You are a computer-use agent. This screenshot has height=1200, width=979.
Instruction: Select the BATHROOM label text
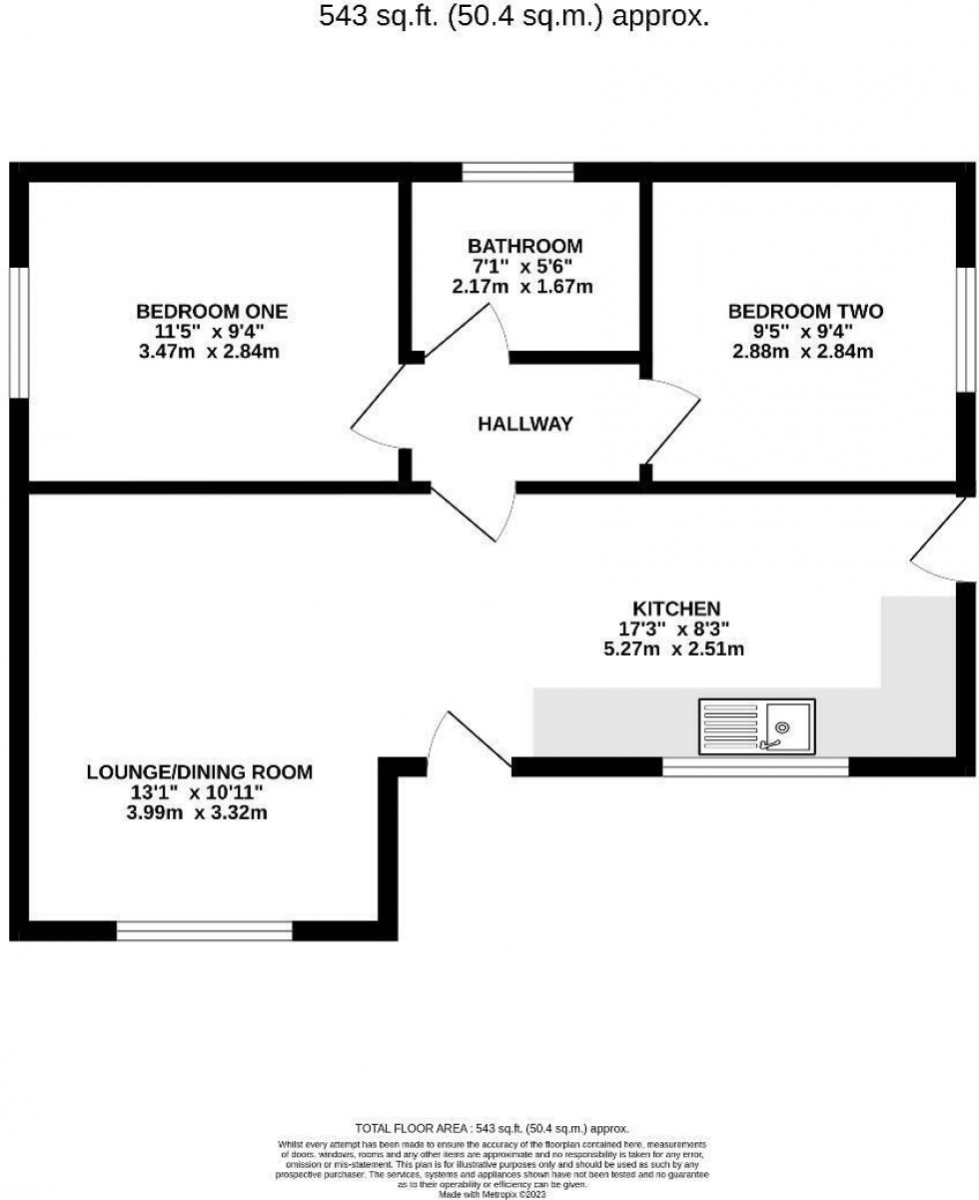(523, 246)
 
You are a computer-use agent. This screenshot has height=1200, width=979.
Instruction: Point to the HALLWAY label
(524, 424)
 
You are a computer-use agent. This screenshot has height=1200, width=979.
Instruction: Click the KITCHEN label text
(676, 607)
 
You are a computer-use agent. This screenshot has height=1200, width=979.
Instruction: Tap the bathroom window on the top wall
(517, 172)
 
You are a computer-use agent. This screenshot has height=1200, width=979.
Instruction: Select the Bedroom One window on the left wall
(18, 332)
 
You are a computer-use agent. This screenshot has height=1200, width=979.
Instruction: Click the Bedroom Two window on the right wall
(966, 330)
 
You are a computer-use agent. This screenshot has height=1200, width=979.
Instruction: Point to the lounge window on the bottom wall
(204, 931)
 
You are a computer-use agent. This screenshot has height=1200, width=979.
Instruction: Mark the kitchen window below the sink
(755, 767)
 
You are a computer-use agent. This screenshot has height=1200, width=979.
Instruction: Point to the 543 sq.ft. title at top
(513, 16)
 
